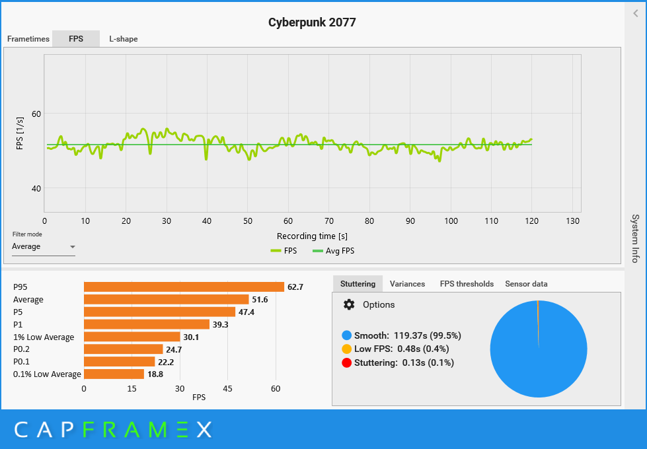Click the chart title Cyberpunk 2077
[x=312, y=22]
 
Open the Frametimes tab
[x=28, y=39]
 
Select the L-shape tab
[x=124, y=39]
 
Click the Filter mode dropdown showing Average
[x=44, y=247]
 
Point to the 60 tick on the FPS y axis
[x=36, y=114]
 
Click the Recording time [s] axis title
[x=312, y=236]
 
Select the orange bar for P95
[x=184, y=287]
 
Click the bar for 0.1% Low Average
[x=114, y=374]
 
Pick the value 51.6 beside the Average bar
[x=260, y=300]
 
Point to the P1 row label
[x=19, y=325]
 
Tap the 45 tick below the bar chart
[x=228, y=389]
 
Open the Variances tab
[x=407, y=284]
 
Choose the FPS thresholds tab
[x=467, y=284]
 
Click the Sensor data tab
[x=526, y=284]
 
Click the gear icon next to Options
[x=349, y=304]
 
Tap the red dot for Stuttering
[x=347, y=363]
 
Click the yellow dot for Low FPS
[x=347, y=349]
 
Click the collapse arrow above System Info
[x=636, y=12]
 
